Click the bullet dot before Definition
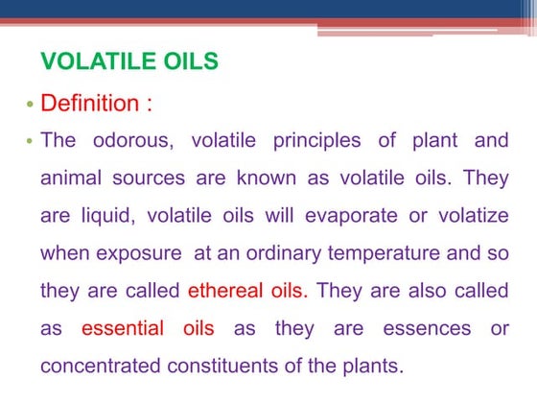(29, 103)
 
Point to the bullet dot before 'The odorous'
(29, 142)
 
